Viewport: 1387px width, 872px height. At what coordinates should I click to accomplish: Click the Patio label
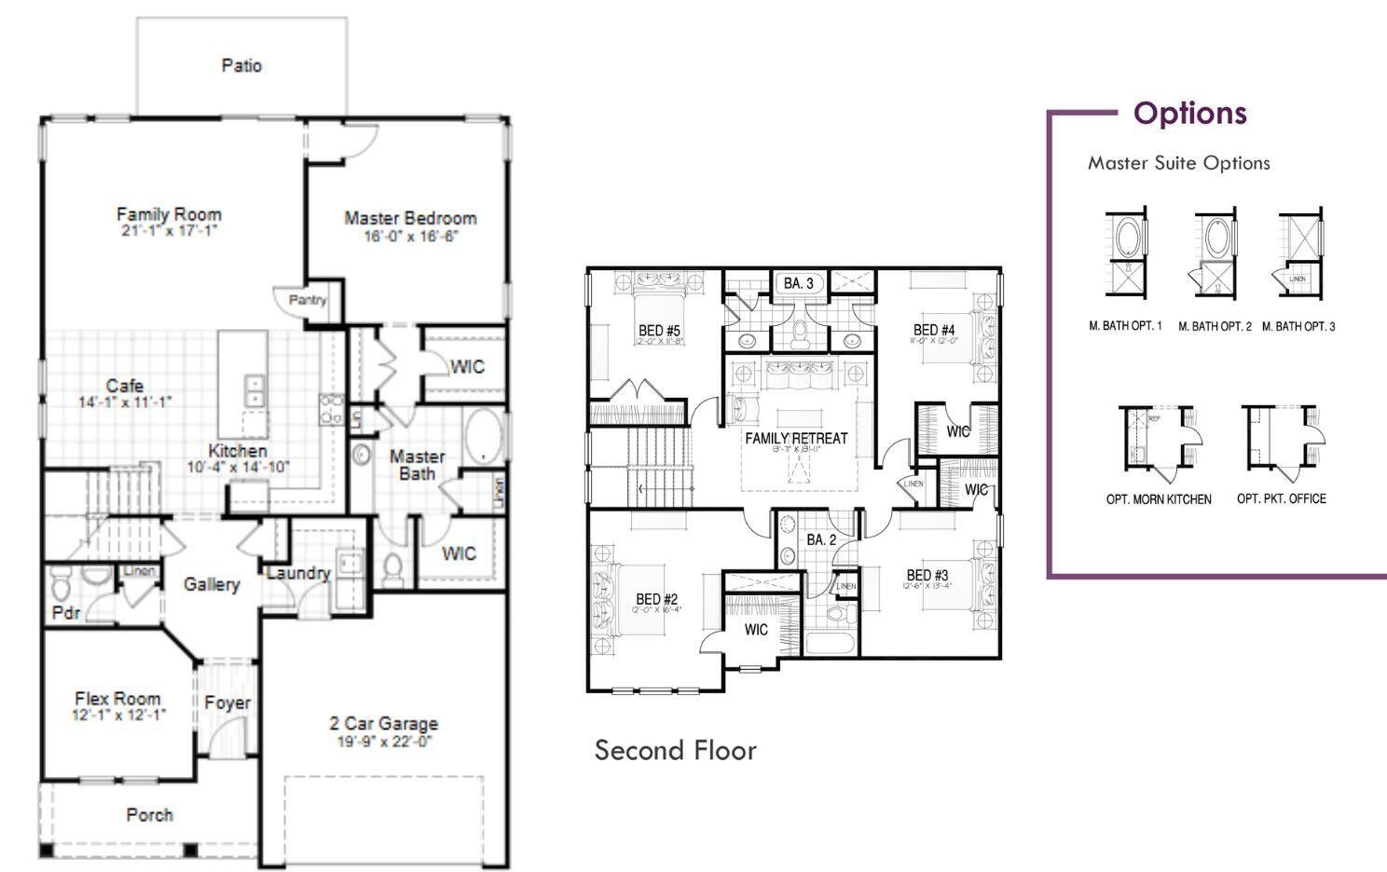pos(241,65)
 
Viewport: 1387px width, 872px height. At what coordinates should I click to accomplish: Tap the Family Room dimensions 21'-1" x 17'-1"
pos(169,231)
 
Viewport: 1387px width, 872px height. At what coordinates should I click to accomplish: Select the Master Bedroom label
pos(410,218)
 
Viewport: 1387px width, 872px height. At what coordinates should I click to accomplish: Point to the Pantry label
pos(308,300)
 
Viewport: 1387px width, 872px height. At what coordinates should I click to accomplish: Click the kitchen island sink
pos(254,389)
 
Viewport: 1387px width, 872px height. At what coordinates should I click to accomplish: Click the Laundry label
pos(298,573)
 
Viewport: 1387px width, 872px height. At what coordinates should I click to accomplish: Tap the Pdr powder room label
pos(65,613)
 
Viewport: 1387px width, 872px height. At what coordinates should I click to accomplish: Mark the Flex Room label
pos(117,698)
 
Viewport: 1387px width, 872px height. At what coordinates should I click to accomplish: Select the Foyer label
pos(227,702)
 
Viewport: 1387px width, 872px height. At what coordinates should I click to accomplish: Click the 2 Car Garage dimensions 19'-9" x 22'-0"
pos(384,743)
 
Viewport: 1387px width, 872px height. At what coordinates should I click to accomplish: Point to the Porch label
pos(149,814)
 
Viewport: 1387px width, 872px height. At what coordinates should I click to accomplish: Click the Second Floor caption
pos(675,750)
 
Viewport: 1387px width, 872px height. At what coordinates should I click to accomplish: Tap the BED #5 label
pos(659,331)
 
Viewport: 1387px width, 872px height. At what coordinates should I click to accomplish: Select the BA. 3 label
pos(798,283)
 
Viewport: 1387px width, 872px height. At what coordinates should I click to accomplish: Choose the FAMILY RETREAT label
pos(796,438)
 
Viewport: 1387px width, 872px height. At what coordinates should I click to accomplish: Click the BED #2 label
pos(656,599)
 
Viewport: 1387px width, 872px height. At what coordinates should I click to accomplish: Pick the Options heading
pos(1189,113)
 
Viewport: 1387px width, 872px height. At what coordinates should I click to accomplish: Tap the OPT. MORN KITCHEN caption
pos(1159,499)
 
